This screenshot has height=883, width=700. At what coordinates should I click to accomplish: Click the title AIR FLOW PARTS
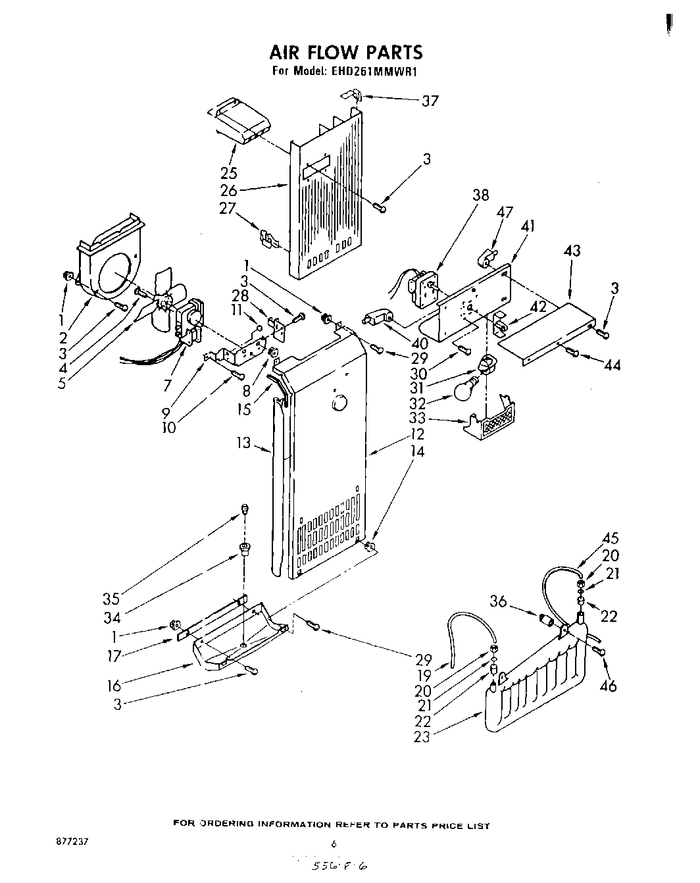[345, 52]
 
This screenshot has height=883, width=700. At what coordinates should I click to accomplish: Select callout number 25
[229, 173]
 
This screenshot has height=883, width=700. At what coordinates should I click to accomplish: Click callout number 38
[480, 195]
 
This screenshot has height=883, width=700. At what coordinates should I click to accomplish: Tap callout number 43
[572, 251]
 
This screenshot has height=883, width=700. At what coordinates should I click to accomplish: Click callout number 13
[244, 443]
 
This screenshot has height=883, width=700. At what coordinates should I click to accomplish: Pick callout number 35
[111, 599]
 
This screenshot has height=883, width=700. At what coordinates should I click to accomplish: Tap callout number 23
[421, 737]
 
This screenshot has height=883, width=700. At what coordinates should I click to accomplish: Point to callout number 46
[609, 686]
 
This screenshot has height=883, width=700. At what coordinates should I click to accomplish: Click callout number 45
[610, 539]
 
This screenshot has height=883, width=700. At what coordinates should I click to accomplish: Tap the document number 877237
[72, 842]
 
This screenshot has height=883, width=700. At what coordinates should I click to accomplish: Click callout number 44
[611, 365]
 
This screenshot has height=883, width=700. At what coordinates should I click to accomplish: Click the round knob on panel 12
[339, 402]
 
